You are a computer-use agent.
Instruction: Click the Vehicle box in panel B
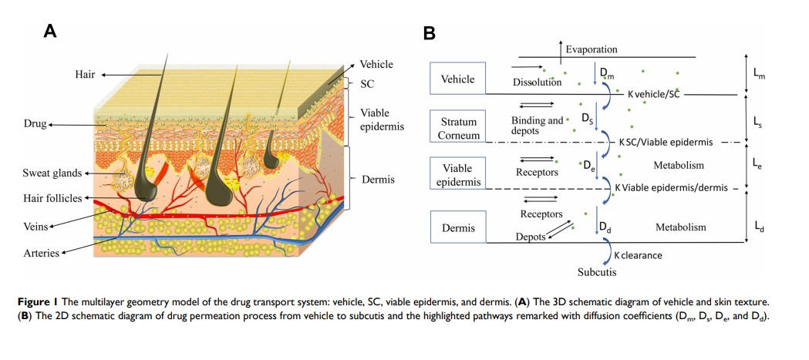tap(457, 79)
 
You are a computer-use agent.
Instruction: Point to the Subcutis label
tap(598, 272)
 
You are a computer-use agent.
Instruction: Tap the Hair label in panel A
tap(85, 74)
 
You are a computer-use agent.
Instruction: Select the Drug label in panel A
tap(35, 123)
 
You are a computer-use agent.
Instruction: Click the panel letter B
tap(430, 34)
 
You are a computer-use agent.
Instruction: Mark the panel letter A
tap(50, 31)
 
